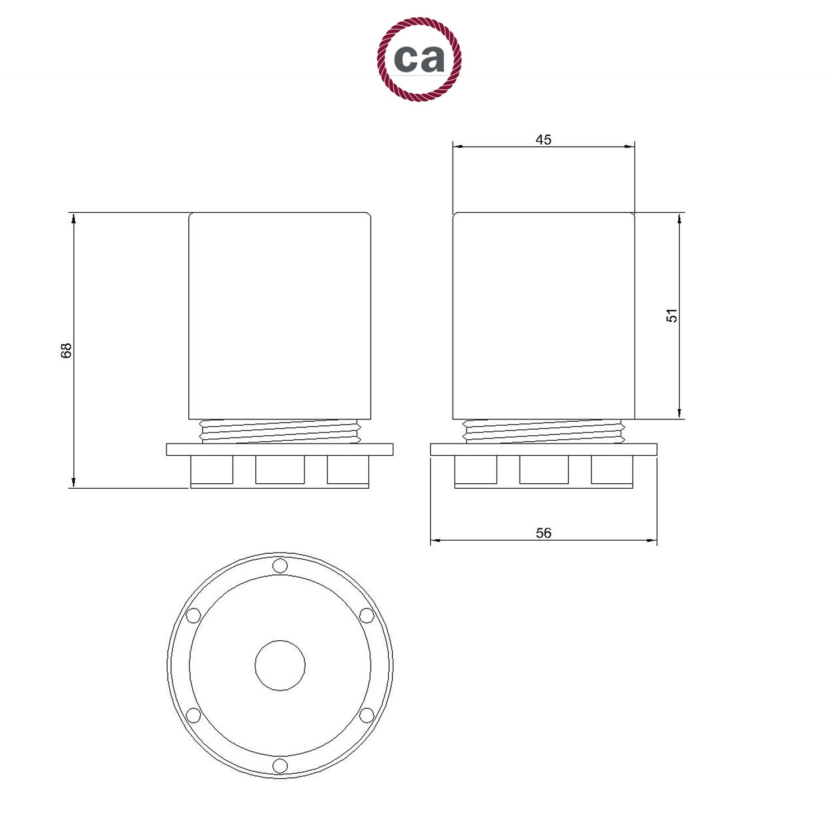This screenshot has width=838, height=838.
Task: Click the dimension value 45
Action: point(543,140)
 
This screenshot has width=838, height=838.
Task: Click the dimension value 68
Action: point(66,350)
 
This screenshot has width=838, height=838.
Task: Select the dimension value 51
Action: point(673,316)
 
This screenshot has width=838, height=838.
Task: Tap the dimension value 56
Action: point(543,533)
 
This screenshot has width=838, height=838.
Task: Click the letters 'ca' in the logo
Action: point(419,58)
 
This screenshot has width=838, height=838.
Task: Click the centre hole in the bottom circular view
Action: point(280,665)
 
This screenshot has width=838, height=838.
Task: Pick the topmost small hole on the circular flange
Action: point(280,566)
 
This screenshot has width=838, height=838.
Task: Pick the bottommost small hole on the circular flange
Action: point(280,765)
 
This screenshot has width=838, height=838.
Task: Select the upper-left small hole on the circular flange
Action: point(193,616)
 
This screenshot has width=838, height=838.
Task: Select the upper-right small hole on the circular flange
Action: point(366,616)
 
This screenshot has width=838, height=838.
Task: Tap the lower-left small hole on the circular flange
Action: point(193,715)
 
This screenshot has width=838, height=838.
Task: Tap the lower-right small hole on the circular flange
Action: point(366,715)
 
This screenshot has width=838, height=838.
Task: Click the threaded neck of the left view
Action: point(279,431)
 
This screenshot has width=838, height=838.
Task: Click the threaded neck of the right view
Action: point(544,431)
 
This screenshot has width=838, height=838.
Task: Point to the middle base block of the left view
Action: point(280,470)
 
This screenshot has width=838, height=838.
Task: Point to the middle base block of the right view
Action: point(544,470)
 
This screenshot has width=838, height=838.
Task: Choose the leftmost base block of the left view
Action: point(212,470)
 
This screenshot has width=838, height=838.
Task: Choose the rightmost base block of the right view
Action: point(612,470)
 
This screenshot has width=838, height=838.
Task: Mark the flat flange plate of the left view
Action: point(279,450)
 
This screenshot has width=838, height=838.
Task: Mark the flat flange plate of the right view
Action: point(544,450)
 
